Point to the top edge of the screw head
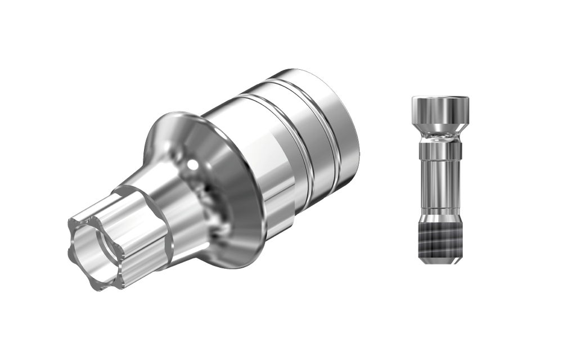coord(441,97)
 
